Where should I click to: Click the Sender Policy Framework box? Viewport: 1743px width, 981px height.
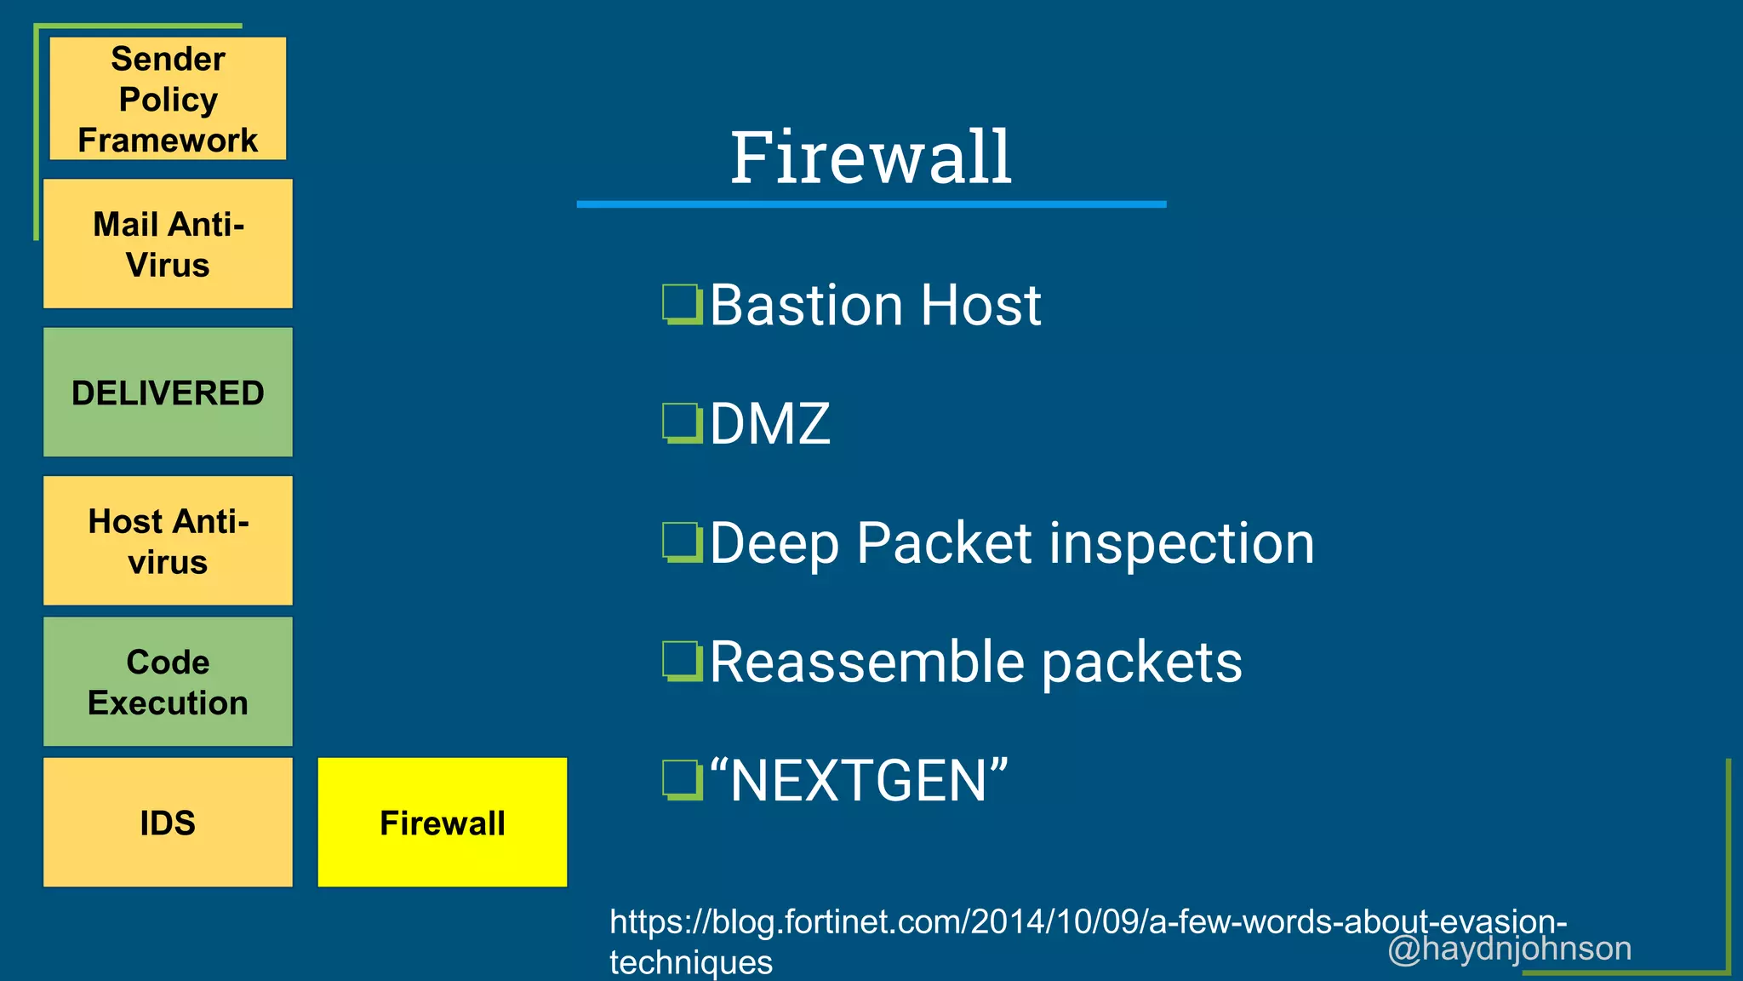(168, 99)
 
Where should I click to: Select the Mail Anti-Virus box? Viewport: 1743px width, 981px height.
(168, 244)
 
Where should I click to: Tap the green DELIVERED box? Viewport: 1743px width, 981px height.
(168, 393)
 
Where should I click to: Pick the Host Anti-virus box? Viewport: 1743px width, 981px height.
(168, 541)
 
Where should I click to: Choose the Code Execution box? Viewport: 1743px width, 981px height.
(168, 682)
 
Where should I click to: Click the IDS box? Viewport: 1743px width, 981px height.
(168, 823)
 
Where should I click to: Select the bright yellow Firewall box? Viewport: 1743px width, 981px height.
(442, 823)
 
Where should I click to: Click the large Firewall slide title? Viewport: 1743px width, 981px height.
(871, 158)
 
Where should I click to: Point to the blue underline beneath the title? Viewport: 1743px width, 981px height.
(871, 204)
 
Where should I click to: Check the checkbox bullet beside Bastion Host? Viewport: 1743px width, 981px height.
(682, 305)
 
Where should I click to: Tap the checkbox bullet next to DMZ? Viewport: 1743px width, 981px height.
(682, 423)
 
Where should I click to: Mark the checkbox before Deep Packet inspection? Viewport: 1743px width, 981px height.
(682, 542)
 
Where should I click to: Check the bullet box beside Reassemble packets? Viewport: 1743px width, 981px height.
(682, 662)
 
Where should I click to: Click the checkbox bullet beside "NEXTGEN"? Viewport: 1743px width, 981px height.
(682, 780)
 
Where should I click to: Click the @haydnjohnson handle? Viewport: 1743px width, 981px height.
(1509, 949)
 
